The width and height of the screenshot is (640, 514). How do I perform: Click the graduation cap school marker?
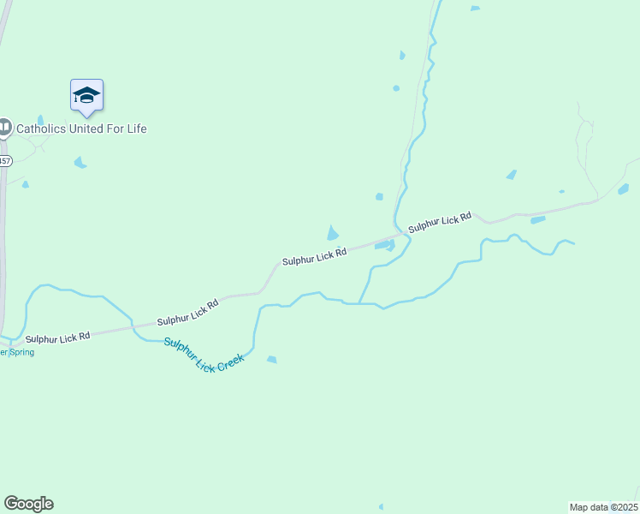[x=86, y=94]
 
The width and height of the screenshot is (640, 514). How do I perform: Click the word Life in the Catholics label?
[x=136, y=128]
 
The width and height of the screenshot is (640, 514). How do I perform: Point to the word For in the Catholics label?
[x=115, y=128]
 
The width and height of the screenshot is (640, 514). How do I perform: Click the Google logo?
[x=28, y=504]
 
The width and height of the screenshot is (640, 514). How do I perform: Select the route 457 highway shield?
[x=4, y=160]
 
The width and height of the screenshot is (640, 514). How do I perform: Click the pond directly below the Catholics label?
[x=80, y=162]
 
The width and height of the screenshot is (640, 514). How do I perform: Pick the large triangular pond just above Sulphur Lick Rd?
[x=332, y=233]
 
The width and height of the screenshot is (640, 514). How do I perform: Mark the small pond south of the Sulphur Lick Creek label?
[x=271, y=360]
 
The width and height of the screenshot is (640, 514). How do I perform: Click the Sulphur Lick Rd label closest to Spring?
[x=57, y=338]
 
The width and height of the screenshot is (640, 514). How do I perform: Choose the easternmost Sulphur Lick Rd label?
[x=440, y=223]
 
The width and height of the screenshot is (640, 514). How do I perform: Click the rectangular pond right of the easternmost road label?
[x=537, y=220]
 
